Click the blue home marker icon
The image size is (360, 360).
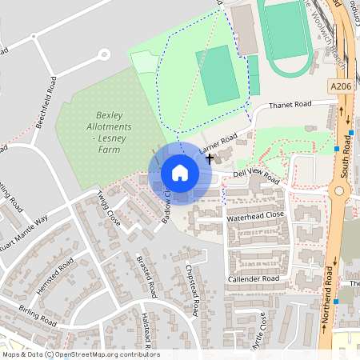[180, 173]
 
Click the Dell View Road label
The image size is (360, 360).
[255, 175]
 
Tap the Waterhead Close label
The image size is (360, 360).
[255, 215]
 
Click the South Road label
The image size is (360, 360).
[346, 151]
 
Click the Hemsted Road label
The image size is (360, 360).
[55, 271]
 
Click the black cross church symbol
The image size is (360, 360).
[210, 158]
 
